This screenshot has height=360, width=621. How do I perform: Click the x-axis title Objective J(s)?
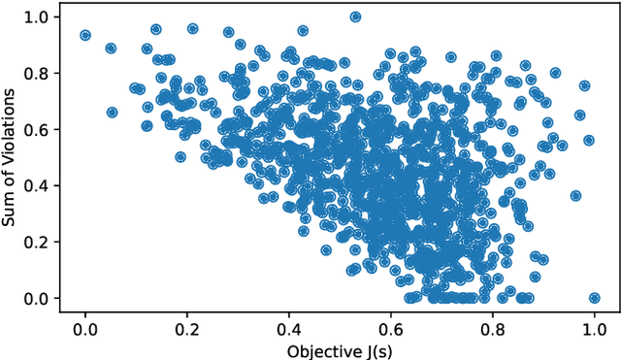(x=339, y=349)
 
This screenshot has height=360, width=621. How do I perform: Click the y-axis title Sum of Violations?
(x=11, y=156)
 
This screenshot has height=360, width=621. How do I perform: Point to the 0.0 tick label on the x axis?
(x=85, y=328)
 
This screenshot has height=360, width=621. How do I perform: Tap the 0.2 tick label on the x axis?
(x=187, y=328)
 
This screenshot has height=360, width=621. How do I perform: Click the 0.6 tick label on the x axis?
(x=390, y=328)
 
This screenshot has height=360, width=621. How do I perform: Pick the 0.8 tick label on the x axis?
(x=492, y=328)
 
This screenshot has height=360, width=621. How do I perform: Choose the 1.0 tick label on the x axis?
(x=594, y=328)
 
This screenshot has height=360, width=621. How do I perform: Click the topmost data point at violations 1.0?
(x=355, y=16)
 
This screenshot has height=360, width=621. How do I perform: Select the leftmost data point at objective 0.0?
(x=85, y=36)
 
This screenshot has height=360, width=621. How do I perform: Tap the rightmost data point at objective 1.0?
(x=594, y=298)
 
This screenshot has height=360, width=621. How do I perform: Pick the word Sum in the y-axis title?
(x=11, y=213)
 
